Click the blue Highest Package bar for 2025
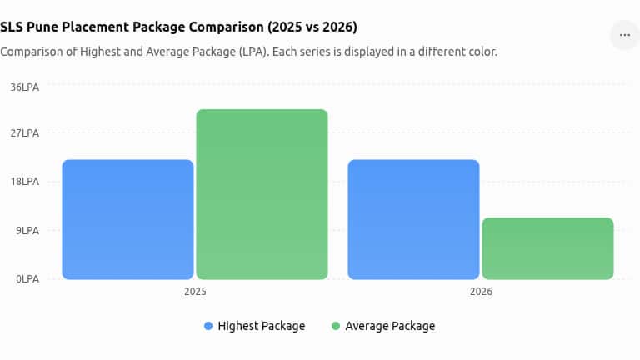coord(127,220)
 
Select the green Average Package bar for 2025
coord(262,194)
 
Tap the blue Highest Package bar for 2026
coord(413,220)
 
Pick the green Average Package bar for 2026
coord(547,248)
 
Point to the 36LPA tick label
coord(25,87)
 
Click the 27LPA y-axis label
coord(25,133)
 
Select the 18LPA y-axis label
coord(25,182)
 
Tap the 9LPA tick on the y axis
coord(27,231)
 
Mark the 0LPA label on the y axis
coord(27,279)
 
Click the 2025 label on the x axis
coord(195,292)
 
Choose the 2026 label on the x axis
coord(481,292)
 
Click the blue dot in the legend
coord(208,326)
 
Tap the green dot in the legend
coord(336,326)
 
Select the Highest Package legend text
coord(261,326)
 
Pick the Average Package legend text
coord(390,326)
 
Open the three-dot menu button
coord(624,35)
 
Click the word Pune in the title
coord(42,27)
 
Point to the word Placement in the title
coord(97,27)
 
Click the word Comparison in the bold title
coord(226,27)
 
